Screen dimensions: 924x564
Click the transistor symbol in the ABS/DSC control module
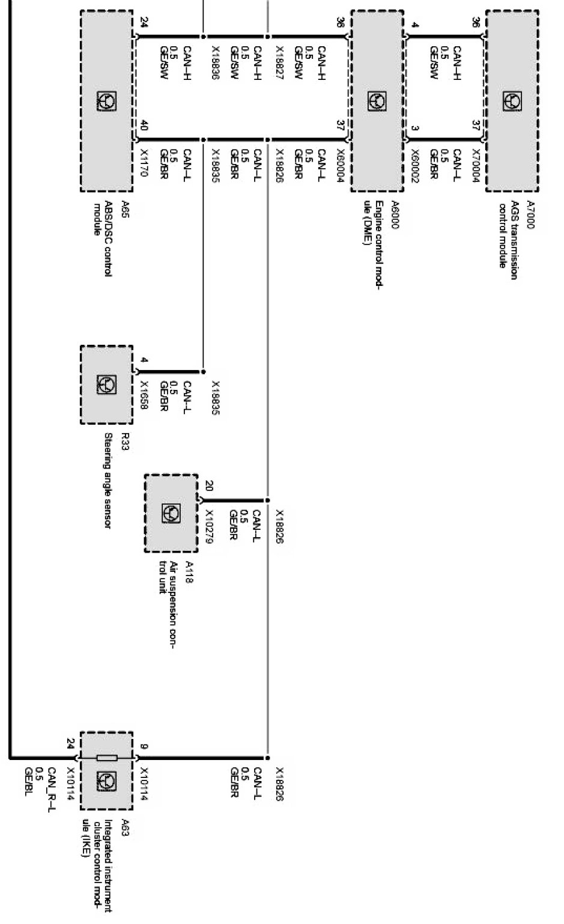pyautogui.click(x=106, y=102)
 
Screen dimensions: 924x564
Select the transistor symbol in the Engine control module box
pyautogui.click(x=377, y=102)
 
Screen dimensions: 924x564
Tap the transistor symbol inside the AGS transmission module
pyautogui.click(x=512, y=102)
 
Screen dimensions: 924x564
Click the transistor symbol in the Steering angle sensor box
pyautogui.click(x=106, y=384)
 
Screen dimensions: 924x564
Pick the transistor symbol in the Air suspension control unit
pyautogui.click(x=171, y=513)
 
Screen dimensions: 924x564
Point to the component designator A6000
pyautogui.click(x=394, y=215)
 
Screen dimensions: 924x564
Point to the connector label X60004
pyautogui.click(x=341, y=164)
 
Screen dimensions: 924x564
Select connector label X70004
pyautogui.click(x=476, y=164)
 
